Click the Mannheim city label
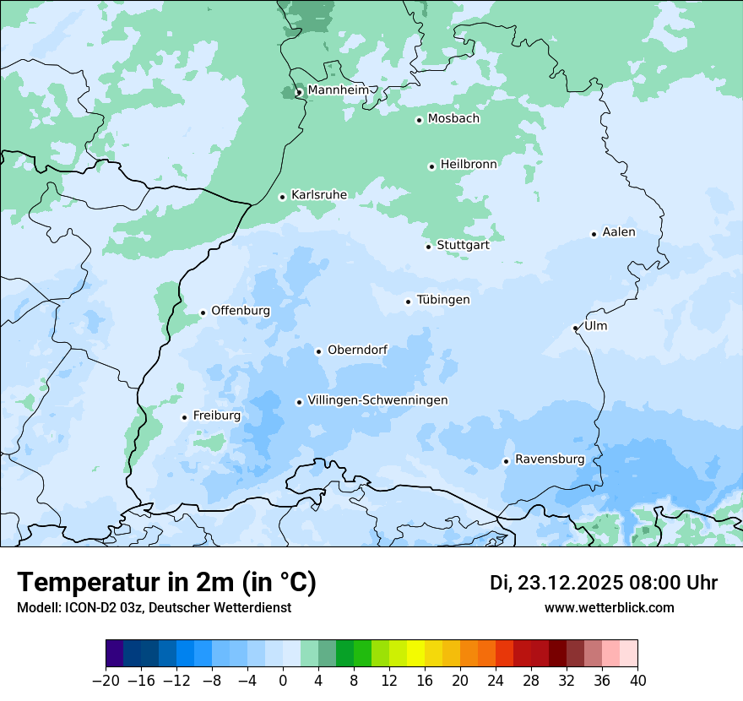click(x=338, y=90)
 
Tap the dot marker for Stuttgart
click(x=428, y=247)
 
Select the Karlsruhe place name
click(x=318, y=195)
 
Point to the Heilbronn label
click(x=469, y=164)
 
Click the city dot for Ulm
click(x=575, y=328)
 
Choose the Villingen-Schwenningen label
click(x=377, y=400)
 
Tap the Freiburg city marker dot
click(x=184, y=417)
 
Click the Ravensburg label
click(x=550, y=459)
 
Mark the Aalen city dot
click(x=594, y=234)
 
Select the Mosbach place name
click(x=453, y=118)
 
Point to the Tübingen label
click(x=443, y=300)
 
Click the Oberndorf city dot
click(x=318, y=351)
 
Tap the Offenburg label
click(x=241, y=311)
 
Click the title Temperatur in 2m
click(x=166, y=583)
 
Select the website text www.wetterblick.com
click(x=609, y=608)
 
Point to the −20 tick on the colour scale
click(x=106, y=681)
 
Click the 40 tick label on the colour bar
click(x=637, y=681)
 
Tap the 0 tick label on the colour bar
click(x=283, y=681)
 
